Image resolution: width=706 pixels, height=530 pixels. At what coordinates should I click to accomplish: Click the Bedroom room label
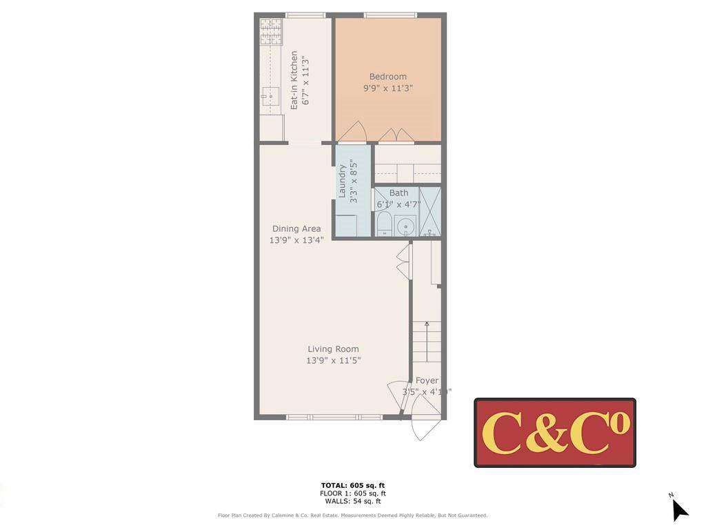(387, 77)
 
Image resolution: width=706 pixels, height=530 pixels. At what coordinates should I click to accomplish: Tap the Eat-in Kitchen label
(294, 80)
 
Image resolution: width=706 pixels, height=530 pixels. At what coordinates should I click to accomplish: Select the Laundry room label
(342, 181)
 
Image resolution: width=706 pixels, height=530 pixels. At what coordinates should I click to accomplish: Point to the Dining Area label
(296, 228)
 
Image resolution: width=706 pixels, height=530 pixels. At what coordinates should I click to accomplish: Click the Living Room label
(333, 349)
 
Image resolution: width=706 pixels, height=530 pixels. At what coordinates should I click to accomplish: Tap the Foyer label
(427, 380)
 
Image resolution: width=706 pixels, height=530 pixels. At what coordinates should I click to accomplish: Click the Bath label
(399, 193)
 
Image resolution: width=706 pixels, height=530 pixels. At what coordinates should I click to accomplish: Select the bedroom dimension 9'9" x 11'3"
(387, 88)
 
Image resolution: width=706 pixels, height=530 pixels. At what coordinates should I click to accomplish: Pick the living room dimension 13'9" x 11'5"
(333, 360)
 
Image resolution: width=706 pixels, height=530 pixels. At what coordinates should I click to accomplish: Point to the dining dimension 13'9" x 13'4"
(296, 240)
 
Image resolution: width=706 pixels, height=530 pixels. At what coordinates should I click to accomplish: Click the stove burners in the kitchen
(271, 31)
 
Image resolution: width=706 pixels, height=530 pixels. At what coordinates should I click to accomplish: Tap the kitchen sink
(270, 97)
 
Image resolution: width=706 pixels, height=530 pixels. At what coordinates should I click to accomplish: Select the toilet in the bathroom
(384, 224)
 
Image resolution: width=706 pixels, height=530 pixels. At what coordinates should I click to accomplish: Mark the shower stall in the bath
(430, 211)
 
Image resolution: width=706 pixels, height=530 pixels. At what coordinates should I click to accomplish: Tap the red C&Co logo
(555, 433)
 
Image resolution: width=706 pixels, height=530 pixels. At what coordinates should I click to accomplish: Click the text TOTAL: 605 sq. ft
(352, 485)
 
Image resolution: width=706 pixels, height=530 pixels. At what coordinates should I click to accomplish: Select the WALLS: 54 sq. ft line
(352, 502)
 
